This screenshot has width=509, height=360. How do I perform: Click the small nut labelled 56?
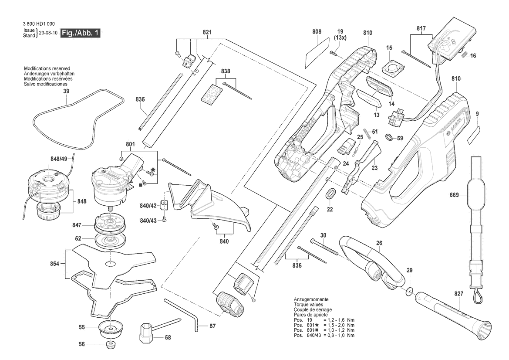(x=111, y=344)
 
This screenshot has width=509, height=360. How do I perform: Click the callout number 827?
(x=458, y=295)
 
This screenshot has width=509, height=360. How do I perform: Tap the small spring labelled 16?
(x=465, y=54)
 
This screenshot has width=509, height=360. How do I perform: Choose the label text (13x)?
(x=340, y=38)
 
